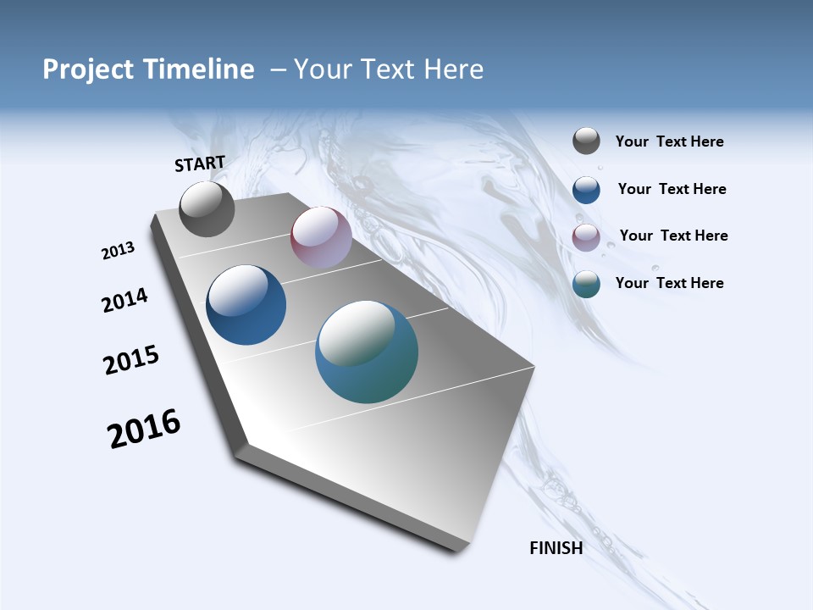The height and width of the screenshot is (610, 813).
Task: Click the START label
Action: click(x=200, y=164)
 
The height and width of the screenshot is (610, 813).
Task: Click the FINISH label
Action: click(x=556, y=548)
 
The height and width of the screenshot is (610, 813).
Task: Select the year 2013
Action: click(x=118, y=251)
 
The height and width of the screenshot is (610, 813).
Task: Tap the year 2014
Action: click(x=124, y=300)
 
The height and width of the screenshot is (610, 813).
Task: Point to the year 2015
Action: click(x=131, y=360)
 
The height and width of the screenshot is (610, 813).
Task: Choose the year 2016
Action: click(x=144, y=429)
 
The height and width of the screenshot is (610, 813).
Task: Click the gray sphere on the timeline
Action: click(x=207, y=209)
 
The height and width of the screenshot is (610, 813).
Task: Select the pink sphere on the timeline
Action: click(x=321, y=238)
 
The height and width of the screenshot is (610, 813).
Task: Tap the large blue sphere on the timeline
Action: click(x=246, y=305)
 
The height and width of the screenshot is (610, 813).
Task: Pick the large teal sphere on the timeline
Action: click(x=367, y=352)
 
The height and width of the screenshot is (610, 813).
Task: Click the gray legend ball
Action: click(x=586, y=141)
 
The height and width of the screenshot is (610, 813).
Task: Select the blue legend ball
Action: click(x=586, y=190)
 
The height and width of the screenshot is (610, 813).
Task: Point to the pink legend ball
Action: click(x=586, y=237)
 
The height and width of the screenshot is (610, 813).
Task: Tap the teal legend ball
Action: click(x=586, y=284)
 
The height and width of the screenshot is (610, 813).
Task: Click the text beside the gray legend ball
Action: click(x=669, y=142)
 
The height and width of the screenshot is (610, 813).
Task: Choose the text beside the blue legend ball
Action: click(x=672, y=189)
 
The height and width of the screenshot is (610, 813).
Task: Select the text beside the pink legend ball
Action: click(x=673, y=236)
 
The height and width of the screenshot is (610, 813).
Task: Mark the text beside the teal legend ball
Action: click(x=669, y=283)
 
